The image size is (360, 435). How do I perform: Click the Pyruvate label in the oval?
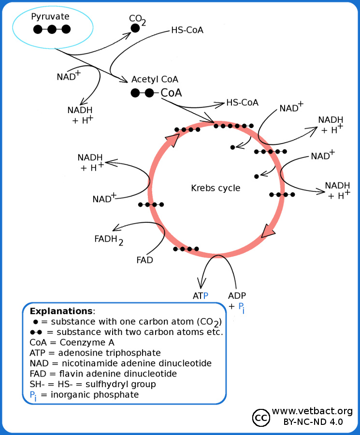[x=50, y=17]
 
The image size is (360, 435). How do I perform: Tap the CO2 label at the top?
[x=137, y=19]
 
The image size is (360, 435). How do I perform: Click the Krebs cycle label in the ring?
[x=216, y=188]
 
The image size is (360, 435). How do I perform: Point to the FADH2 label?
[x=109, y=239]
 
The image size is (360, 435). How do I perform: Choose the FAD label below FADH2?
[x=144, y=260]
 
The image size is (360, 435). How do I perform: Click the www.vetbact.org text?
[x=312, y=411]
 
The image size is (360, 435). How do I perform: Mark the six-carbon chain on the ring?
[x=234, y=126]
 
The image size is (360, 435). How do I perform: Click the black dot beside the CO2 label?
[x=135, y=29]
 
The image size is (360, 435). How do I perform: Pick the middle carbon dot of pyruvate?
[x=52, y=29]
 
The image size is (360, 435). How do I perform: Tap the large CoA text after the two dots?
[x=171, y=93]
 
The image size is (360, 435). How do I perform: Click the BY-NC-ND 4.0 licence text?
[x=313, y=421]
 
